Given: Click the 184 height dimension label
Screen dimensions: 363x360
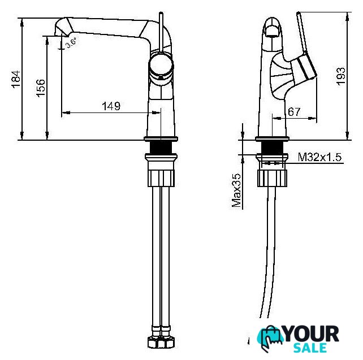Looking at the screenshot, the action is pos(16,79).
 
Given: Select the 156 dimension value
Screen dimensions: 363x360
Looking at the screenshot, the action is pos(41,88).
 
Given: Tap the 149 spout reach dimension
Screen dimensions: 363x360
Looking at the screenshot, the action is pos(111,106).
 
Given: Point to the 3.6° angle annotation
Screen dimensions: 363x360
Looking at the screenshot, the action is pos(71,43).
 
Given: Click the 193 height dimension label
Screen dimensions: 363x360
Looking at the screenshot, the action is pos(340,76).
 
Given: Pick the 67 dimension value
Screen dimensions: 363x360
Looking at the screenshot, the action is pos(294,112).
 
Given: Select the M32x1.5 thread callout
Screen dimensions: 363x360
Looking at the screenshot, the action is pos(319,157).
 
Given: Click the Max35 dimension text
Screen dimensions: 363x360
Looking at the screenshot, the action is pos(236,190).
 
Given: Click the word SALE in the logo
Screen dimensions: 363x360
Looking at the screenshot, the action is pos(310,348).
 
